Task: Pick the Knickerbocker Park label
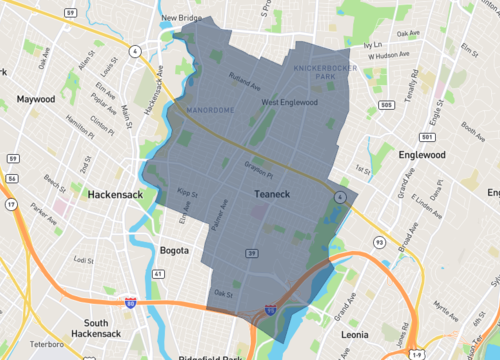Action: tap(315, 70)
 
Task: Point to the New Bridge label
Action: tap(183, 18)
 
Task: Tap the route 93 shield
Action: tap(351, 241)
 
